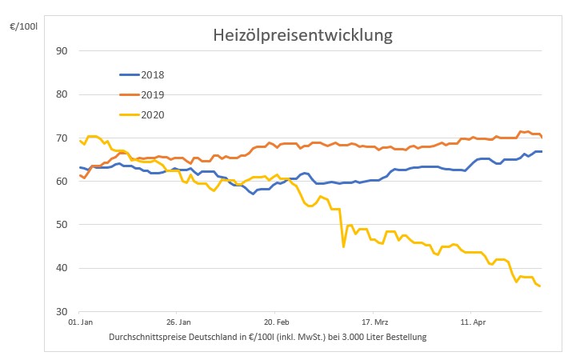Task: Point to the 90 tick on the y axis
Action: [x=62, y=51]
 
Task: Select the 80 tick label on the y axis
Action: [x=62, y=94]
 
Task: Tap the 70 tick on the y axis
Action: [x=62, y=138]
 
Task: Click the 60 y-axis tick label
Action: [x=62, y=182]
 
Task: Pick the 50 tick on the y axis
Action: [x=62, y=225]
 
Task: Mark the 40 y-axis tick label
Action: [x=62, y=268]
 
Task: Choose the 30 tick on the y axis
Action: [x=62, y=311]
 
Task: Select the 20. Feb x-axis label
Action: [x=275, y=326]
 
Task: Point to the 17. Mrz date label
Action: [x=374, y=326]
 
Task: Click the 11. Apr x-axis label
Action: [x=471, y=326]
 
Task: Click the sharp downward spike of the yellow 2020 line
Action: [x=344, y=246]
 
